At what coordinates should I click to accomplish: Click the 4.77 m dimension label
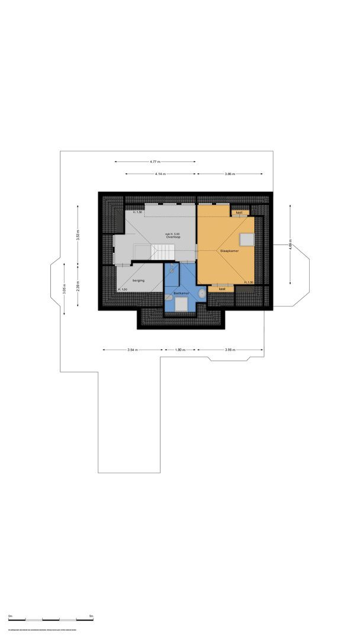click(x=155, y=162)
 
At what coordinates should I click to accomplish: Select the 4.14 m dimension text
click(x=160, y=174)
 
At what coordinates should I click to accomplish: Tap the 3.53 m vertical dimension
click(x=78, y=234)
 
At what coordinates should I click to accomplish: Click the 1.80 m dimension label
click(x=181, y=350)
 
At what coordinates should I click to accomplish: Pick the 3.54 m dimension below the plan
click(x=132, y=350)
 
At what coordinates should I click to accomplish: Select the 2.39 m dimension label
click(x=78, y=287)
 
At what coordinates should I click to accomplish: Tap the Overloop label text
click(x=173, y=237)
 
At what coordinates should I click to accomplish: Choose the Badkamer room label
click(x=181, y=293)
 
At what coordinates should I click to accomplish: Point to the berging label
click(x=138, y=280)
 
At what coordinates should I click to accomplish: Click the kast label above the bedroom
click(x=239, y=212)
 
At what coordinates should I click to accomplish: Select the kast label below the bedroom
click(x=222, y=289)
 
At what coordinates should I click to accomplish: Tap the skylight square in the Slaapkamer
click(x=246, y=238)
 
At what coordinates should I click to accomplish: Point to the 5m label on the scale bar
click(x=91, y=616)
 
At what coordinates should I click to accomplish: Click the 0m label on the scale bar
click(x=11, y=616)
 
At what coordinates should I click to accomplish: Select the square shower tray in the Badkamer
click(x=181, y=305)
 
